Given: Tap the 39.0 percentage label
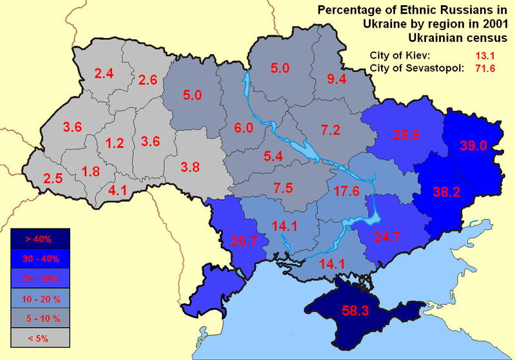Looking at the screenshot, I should [473, 146].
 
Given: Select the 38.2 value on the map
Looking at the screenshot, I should [447, 191].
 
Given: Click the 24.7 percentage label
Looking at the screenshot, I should [388, 236].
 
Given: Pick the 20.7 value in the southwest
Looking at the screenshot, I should [243, 242].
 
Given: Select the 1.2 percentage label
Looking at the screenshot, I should [114, 143].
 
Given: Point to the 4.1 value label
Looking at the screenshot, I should [118, 190].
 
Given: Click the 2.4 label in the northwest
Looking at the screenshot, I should [104, 73].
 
